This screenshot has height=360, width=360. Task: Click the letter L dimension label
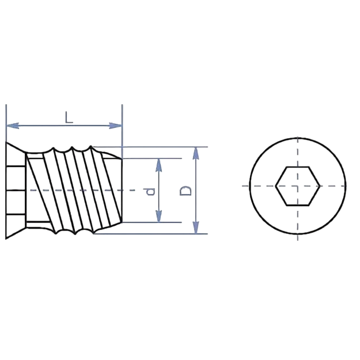(x=69, y=118)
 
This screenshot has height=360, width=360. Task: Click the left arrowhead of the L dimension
(x=13, y=126)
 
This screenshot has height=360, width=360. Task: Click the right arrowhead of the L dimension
(x=115, y=126)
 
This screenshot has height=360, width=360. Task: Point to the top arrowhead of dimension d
(x=158, y=165)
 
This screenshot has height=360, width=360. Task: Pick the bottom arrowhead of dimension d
(x=158, y=216)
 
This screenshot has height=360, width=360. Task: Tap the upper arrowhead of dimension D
(x=196, y=153)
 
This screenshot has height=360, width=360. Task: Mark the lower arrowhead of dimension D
(x=196, y=228)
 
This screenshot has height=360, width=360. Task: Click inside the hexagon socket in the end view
(x=298, y=186)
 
